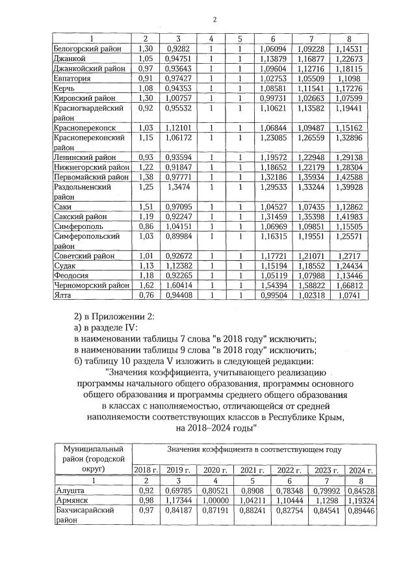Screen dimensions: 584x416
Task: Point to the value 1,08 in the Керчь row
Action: pos(146,88)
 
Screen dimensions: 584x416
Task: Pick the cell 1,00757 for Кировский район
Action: pos(178,98)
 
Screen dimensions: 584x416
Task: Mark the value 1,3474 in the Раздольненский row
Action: pos(178,187)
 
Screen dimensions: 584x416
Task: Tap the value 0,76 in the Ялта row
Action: pos(146,295)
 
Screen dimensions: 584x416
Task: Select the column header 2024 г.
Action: pos(360,470)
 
